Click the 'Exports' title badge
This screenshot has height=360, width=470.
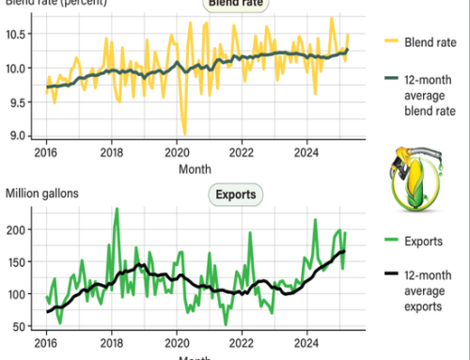[x=235, y=196]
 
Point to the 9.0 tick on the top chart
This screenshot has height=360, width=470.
[x=23, y=136]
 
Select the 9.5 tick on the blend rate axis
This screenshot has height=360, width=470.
[x=23, y=102]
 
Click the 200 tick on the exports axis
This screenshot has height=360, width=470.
[x=21, y=228]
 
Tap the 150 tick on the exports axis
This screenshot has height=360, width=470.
[x=21, y=261]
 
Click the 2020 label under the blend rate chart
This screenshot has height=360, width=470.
[x=178, y=153]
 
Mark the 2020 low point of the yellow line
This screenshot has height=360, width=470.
[x=184, y=134]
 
